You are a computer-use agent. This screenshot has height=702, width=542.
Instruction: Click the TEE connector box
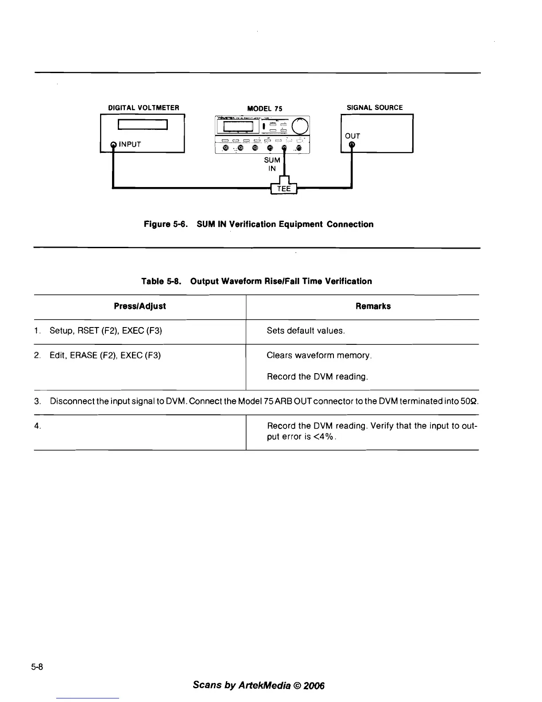[x=284, y=189]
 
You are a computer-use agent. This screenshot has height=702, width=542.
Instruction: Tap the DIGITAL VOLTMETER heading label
[x=144, y=108]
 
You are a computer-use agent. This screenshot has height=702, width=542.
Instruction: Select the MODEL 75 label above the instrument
[x=264, y=109]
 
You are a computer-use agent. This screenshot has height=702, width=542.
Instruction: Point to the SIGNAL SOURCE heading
[x=375, y=108]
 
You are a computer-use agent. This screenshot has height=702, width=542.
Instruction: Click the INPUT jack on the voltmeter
[x=113, y=145]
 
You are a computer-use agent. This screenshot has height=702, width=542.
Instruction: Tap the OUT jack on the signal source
[x=351, y=144]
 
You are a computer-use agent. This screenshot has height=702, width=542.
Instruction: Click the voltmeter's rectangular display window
[x=143, y=125]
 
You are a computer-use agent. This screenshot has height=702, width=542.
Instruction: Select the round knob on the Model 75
[x=301, y=126]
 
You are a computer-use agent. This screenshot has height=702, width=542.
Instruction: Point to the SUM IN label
[x=272, y=164]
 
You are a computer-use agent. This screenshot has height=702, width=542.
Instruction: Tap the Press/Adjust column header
[x=140, y=306]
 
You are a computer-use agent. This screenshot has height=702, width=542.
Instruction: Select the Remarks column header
[x=373, y=306]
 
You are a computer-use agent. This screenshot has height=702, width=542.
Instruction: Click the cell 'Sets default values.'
[x=306, y=331]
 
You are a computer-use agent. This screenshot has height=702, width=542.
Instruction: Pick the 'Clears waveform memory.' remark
[x=319, y=355]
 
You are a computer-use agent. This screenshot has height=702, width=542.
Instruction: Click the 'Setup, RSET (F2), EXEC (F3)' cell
[x=106, y=331]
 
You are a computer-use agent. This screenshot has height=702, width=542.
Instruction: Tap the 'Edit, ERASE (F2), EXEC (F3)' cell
[x=105, y=355]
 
